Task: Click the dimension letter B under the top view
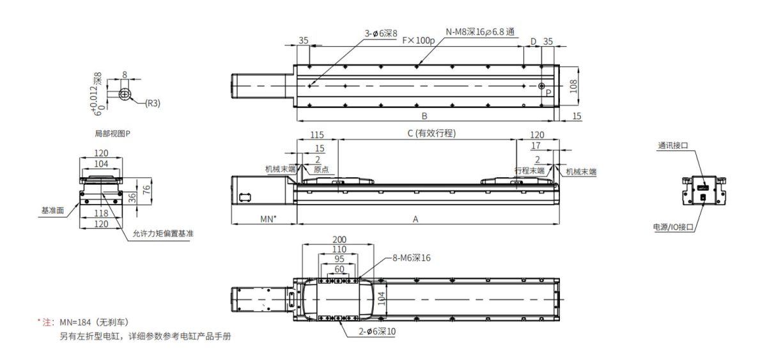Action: point(424,116)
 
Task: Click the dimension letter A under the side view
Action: point(415,219)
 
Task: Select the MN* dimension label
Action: point(269,219)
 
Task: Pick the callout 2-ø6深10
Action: point(377,332)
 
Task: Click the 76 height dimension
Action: point(146,189)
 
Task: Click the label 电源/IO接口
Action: point(673,227)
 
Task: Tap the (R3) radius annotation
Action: point(151,103)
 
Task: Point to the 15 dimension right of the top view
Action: point(577,116)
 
